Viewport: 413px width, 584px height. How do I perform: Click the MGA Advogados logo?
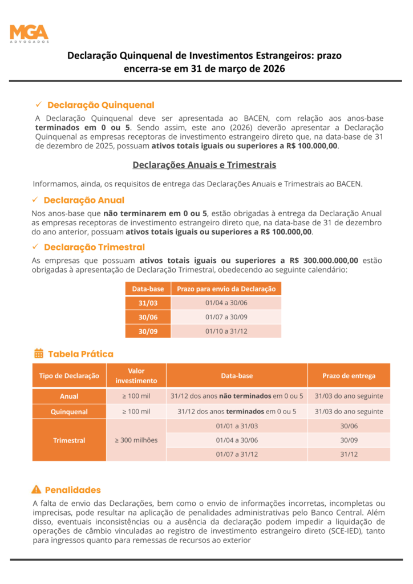coord(29,34)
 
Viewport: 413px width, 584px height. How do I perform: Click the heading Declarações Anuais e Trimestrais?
coord(204,165)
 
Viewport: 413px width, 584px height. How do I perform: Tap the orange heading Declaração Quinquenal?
coord(100,105)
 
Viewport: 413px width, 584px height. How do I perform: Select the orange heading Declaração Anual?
coord(84,200)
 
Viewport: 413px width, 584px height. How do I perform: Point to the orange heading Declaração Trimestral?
coord(94,247)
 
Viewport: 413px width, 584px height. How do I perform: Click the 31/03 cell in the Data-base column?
coord(148,303)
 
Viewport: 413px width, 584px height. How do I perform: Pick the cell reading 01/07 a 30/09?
coord(226,317)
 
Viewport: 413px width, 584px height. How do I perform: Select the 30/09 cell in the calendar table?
coord(148,331)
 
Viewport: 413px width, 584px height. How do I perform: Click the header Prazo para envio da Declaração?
coord(226,289)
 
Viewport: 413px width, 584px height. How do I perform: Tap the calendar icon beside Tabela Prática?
coord(39,354)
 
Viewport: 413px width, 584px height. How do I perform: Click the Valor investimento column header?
coord(136,375)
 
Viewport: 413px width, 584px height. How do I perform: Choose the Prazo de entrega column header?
coord(349,375)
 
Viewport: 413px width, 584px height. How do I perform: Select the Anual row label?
coord(69,396)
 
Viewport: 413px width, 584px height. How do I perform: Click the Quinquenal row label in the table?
coord(69,411)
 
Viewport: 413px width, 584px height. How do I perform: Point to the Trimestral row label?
coord(69,440)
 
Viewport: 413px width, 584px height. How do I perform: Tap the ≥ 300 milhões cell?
coord(136,440)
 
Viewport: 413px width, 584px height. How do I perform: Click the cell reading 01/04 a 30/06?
coord(237,440)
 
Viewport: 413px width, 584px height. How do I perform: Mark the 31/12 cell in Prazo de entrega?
coord(349,454)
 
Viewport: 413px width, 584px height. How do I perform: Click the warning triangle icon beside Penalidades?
coord(37,489)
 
